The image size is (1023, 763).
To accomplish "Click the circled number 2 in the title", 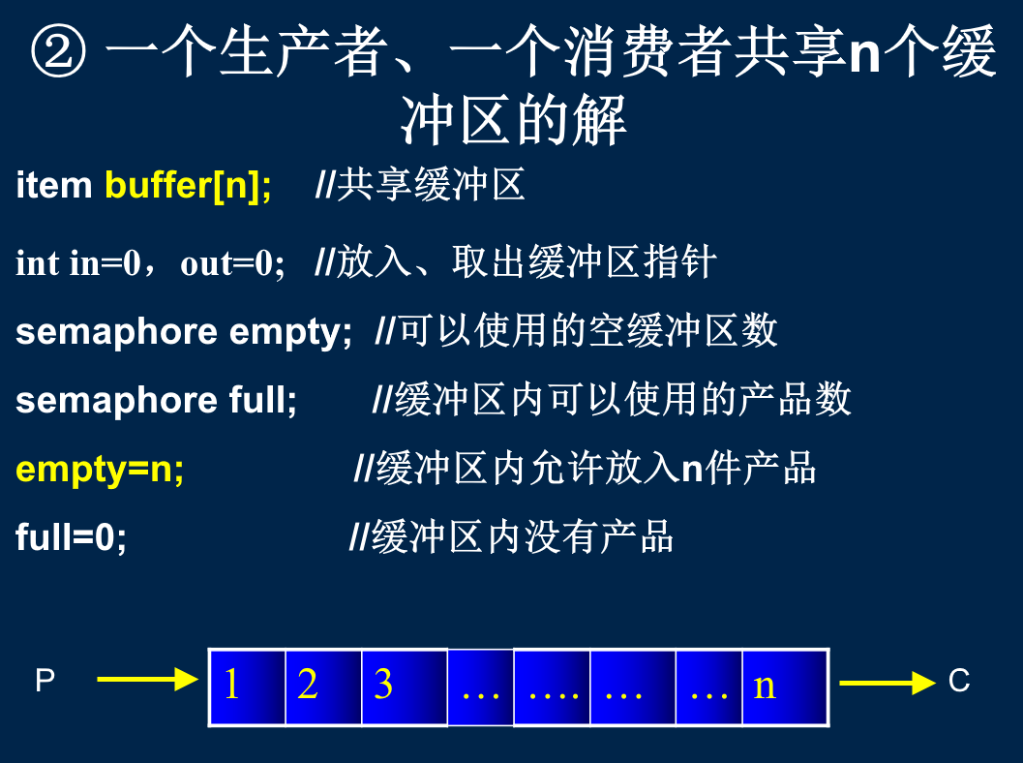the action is [x=58, y=51].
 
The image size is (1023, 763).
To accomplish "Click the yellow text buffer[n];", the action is [x=188, y=185].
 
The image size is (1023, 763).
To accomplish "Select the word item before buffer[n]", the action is [x=53, y=185].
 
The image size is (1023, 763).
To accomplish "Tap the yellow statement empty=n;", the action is [x=100, y=470].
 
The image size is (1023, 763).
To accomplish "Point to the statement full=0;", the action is [x=71, y=537].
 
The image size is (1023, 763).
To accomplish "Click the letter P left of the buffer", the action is [x=45, y=680].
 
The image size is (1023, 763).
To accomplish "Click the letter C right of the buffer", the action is [x=959, y=682].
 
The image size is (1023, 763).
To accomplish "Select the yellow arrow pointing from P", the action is [x=147, y=680].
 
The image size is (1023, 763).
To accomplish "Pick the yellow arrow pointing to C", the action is [x=888, y=683].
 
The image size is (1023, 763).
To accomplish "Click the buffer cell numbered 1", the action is [x=247, y=687].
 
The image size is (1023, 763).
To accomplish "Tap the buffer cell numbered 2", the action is [x=323, y=687].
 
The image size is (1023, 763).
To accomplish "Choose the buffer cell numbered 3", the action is [x=405, y=687].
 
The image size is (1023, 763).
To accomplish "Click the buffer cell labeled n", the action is [x=786, y=687].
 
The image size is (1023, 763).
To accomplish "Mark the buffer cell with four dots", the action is [x=552, y=687].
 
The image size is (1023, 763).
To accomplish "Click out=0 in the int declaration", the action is [x=232, y=263].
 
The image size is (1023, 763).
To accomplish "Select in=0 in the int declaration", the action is [x=105, y=263].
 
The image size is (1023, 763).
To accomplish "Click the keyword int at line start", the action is [x=37, y=263].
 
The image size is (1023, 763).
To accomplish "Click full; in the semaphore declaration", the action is [x=263, y=400].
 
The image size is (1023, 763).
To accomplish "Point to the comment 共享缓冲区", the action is [x=431, y=185].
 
